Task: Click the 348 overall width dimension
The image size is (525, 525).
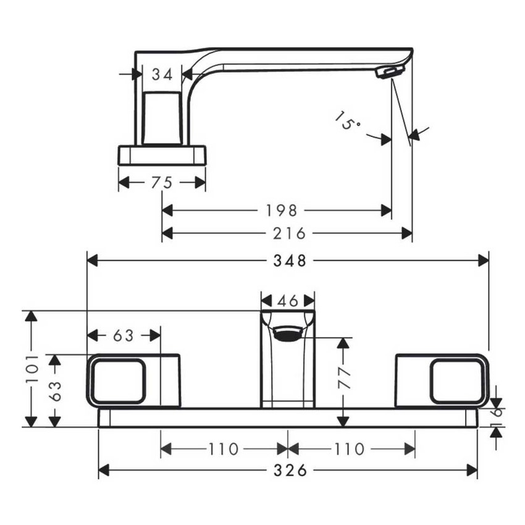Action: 290,261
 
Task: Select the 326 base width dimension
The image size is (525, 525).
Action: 290,471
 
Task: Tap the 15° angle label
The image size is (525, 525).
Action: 347,121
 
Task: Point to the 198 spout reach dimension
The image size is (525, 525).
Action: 282,211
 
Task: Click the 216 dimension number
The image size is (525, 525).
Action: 289,233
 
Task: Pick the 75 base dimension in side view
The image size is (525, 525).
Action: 162,183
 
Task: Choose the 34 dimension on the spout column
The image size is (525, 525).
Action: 162,74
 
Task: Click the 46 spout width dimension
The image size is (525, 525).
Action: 288,301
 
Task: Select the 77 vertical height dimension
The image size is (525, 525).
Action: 345,378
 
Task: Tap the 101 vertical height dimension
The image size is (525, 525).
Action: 33,369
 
